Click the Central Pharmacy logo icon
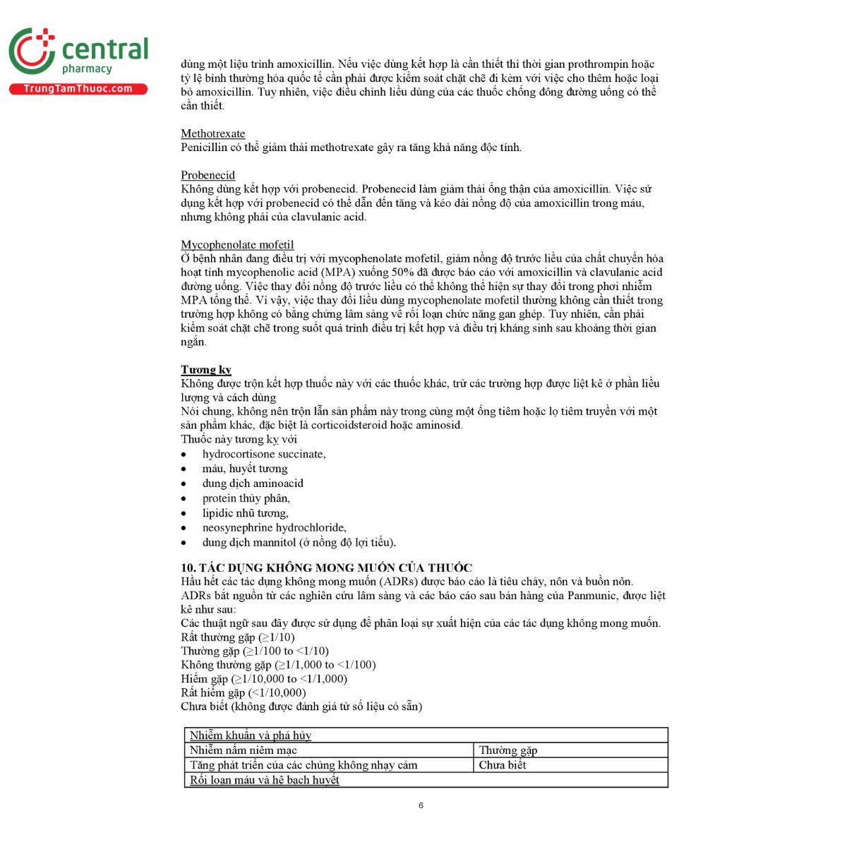[x=32, y=52]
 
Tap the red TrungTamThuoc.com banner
[x=78, y=89]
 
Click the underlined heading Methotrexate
[x=212, y=133]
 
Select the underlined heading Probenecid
[x=208, y=175]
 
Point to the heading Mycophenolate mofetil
[x=237, y=245]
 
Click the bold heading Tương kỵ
[x=205, y=370]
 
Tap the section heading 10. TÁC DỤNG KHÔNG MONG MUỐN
[x=326, y=567]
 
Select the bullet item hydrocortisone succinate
[x=264, y=454]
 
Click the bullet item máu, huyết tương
[x=245, y=469]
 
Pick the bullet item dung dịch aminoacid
[x=253, y=483]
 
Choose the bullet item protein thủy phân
[x=246, y=498]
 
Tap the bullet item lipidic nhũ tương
[x=245, y=513]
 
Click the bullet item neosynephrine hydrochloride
[x=274, y=527]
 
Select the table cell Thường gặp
[x=508, y=750]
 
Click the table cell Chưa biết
[x=503, y=765]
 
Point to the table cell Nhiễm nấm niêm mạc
[x=244, y=750]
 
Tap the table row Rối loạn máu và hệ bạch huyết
[x=265, y=780]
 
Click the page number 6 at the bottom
[x=421, y=805]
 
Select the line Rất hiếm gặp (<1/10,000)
[x=243, y=692]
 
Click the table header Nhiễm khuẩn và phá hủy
[x=251, y=735]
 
